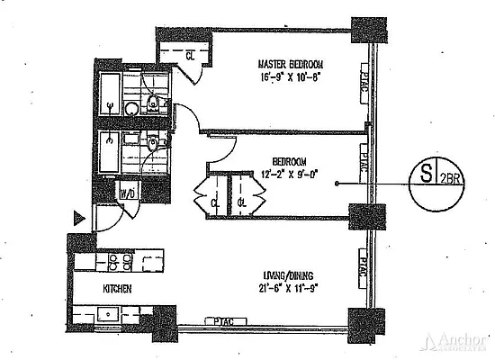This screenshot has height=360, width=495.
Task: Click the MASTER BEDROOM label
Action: [x=290, y=65]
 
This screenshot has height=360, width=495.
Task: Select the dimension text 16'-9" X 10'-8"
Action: [x=290, y=78]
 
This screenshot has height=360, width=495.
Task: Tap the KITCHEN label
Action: [x=117, y=289]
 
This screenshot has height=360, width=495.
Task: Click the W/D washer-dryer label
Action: [x=129, y=193]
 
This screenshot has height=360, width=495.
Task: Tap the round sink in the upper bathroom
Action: [x=131, y=109]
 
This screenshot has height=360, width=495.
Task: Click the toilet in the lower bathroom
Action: [x=153, y=142]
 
